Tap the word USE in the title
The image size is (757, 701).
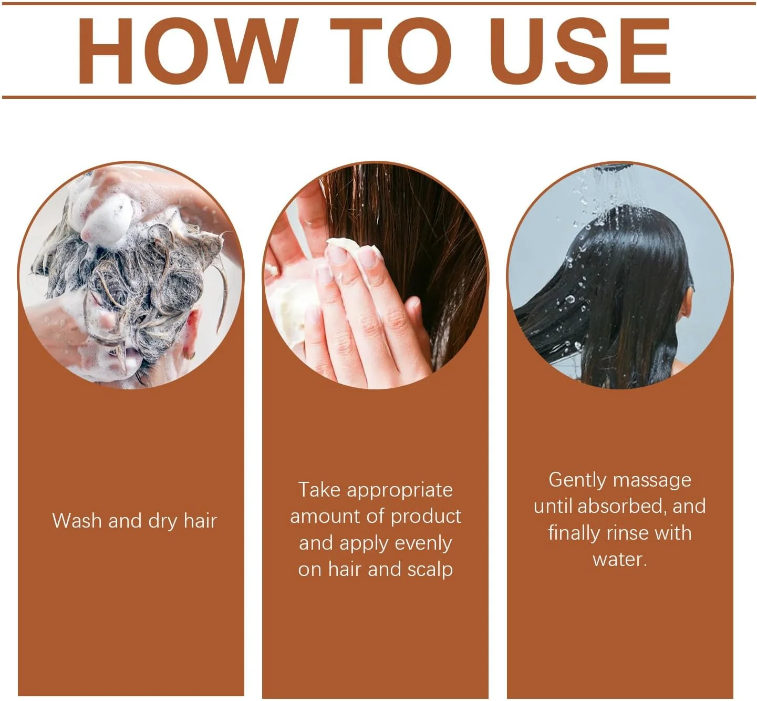(580, 51)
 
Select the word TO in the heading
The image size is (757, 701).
(391, 51)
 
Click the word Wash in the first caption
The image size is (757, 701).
(77, 521)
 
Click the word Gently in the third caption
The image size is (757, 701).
(577, 480)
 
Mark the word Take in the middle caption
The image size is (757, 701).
(319, 490)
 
